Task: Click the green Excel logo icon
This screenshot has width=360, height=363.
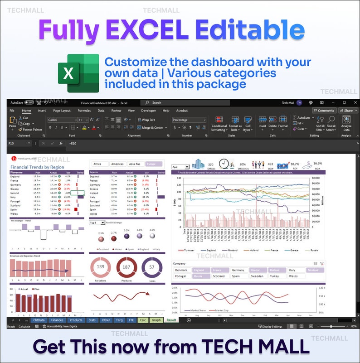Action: pos(78,73)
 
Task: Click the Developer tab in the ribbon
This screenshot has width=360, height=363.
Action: pos(148,111)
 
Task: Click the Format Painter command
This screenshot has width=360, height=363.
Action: pos(32,129)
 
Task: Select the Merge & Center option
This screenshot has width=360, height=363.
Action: pos(152,128)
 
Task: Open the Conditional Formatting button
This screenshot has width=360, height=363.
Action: pos(219,123)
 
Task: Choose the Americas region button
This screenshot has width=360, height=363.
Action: pos(117,164)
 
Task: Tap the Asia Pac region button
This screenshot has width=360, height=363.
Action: pos(135,164)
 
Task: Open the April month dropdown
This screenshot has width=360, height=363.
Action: pos(180,167)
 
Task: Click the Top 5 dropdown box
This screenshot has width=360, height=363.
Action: pos(97,223)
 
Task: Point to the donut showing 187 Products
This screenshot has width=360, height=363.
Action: pos(126,267)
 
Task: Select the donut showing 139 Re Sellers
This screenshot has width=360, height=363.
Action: pos(101,267)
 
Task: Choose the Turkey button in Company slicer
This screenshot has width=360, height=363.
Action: pos(274,276)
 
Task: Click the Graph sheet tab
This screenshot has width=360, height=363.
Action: pos(156,320)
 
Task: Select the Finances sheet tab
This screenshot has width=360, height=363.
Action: pos(57,320)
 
